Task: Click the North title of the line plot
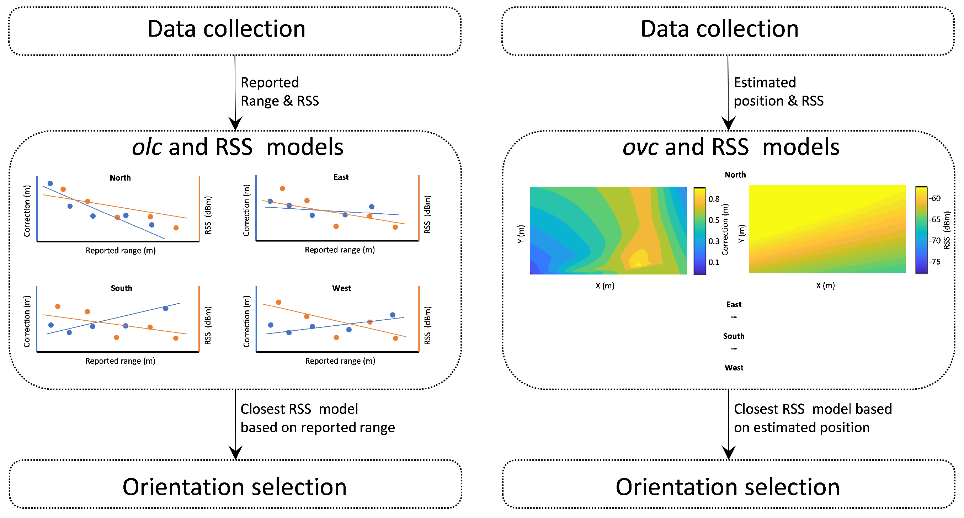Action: coord(120,178)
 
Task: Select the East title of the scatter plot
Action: coord(341,177)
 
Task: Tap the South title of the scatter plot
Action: coord(121,288)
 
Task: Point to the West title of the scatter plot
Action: coord(341,288)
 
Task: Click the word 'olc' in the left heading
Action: coord(147,147)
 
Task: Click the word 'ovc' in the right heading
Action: coord(640,147)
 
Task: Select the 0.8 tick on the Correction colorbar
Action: coord(714,199)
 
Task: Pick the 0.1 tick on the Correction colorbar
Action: coord(714,262)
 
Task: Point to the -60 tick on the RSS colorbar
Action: coord(935,198)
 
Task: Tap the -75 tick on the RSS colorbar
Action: coord(935,262)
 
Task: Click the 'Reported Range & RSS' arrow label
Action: coord(279,92)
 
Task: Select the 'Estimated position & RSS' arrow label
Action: coord(778,92)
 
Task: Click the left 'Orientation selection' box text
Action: coord(235,487)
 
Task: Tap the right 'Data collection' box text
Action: coord(719,29)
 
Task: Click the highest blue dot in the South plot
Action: coord(166,308)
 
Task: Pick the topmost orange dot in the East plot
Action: coord(283,189)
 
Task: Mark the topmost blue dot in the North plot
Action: coord(50,183)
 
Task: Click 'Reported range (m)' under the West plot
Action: coord(340,361)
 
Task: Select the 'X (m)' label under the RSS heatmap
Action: coord(825,285)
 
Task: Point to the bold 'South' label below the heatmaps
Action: coord(734,336)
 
